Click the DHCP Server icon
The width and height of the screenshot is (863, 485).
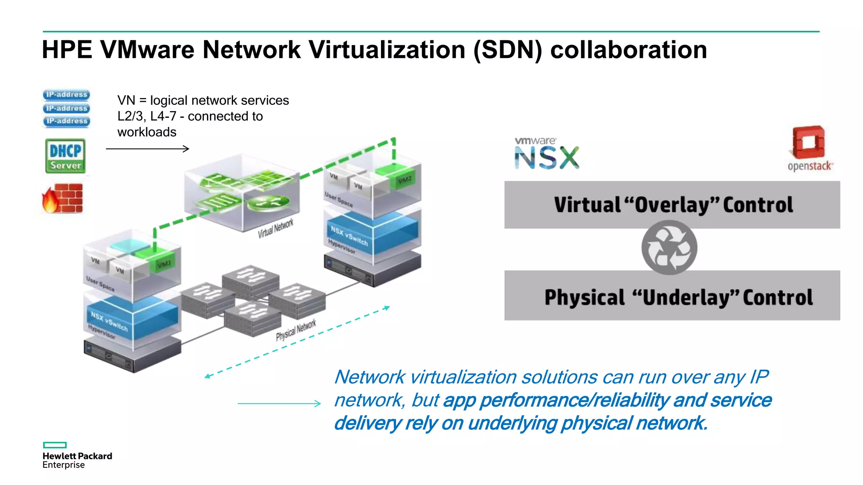65,156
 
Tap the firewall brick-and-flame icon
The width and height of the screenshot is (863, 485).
63,198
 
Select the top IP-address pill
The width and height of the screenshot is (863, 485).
66,95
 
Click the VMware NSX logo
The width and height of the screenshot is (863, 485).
547,153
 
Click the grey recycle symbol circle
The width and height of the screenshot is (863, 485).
669,248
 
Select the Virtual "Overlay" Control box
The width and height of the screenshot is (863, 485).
672,205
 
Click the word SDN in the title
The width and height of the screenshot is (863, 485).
508,50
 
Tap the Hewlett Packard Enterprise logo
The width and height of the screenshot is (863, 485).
77,456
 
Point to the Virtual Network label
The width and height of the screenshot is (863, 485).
276,228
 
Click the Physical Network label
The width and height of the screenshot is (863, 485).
296,330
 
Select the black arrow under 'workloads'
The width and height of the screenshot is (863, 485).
147,149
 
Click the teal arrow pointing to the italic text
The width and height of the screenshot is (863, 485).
279,403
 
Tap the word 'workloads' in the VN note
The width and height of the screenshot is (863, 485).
147,132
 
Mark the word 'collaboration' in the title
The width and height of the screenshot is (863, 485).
628,50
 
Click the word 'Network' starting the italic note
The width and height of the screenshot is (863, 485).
370,377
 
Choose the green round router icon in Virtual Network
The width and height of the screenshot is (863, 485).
268,203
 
